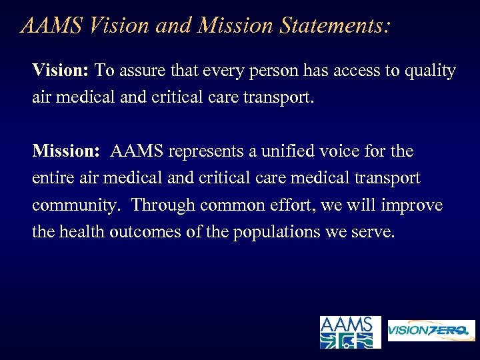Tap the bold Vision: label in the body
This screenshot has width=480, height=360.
pos(61,71)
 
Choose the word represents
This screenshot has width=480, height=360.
pos(207,152)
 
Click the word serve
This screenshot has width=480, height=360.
pos(373,233)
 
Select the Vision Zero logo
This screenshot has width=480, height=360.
pos(431,331)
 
